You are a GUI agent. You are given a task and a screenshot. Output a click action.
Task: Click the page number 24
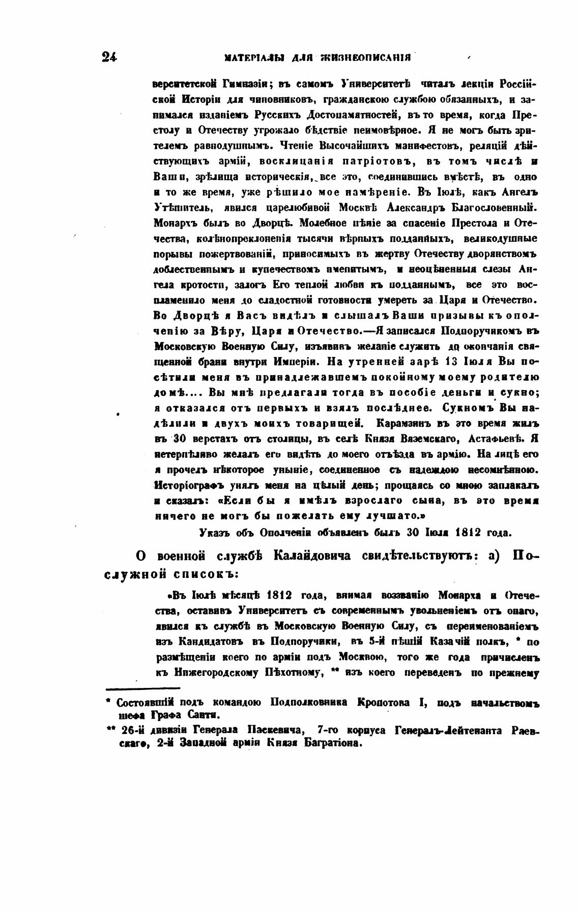(109, 57)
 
